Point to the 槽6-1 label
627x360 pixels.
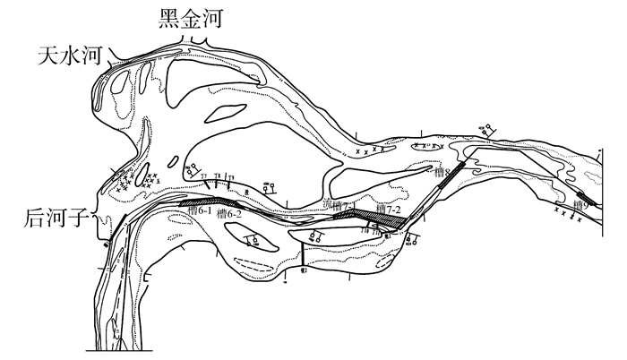[200, 212]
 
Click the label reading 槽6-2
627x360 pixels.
[230, 215]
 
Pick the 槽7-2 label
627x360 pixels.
[388, 209]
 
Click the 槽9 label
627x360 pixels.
[579, 205]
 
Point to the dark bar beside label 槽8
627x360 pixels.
[456, 170]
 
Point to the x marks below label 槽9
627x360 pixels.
[566, 213]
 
